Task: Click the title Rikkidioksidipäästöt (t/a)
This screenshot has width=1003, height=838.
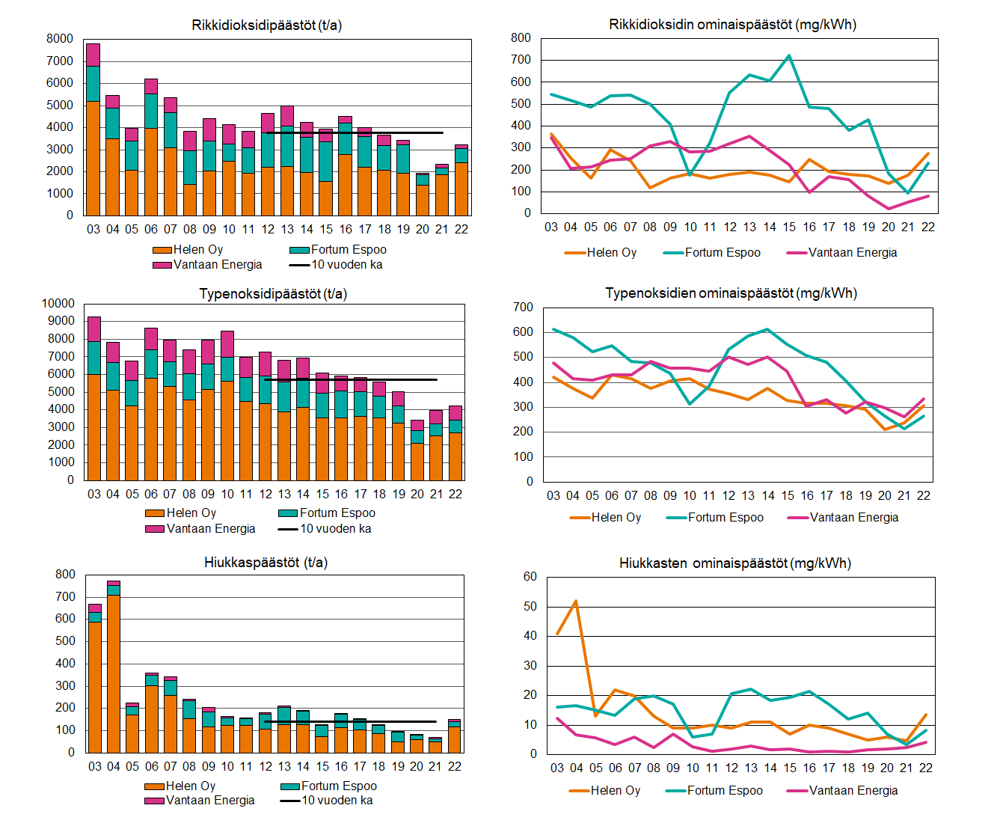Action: click(x=266, y=25)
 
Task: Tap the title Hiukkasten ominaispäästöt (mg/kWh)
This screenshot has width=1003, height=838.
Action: click(x=734, y=563)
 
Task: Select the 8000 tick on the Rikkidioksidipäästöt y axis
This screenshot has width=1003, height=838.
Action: click(x=60, y=39)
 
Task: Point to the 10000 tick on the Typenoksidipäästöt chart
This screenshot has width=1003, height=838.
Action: click(x=58, y=304)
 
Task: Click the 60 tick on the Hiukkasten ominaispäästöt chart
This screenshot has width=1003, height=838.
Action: click(x=530, y=577)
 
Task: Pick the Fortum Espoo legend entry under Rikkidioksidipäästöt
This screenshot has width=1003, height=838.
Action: click(x=338, y=250)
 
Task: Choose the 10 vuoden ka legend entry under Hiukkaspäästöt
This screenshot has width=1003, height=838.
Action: click(x=327, y=801)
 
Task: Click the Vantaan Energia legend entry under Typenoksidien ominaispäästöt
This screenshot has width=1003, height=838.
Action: click(x=843, y=518)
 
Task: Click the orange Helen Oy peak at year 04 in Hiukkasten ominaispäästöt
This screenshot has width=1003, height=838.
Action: click(x=576, y=601)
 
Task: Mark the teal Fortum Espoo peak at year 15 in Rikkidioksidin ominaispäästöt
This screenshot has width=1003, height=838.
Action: click(x=789, y=56)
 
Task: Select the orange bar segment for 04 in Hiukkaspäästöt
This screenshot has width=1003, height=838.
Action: click(x=114, y=673)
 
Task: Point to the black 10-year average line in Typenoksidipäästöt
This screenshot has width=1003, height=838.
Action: click(x=352, y=380)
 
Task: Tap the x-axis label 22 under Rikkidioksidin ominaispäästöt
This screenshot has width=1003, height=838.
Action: click(x=927, y=227)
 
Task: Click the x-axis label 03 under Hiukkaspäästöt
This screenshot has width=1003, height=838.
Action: click(x=95, y=767)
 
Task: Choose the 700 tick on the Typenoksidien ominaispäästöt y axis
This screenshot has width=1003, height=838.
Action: click(x=524, y=308)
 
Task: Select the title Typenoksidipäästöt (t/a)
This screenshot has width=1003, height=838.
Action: click(x=273, y=294)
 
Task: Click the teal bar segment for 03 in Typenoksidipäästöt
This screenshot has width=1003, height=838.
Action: click(x=93, y=358)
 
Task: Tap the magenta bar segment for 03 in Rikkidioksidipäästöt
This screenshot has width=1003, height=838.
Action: click(x=93, y=55)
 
